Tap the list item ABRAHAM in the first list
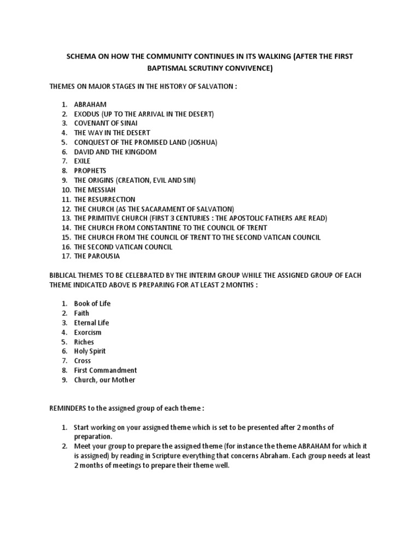pyautogui.click(x=90, y=104)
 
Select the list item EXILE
pyautogui.click(x=83, y=161)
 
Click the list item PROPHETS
pyautogui.click(x=90, y=171)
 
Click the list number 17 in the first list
pyautogui.click(x=66, y=256)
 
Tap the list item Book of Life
pyautogui.click(x=92, y=304)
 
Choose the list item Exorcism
pyautogui.click(x=87, y=332)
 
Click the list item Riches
pyautogui.click(x=84, y=342)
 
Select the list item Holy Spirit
pyautogui.click(x=90, y=351)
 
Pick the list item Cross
pyautogui.click(x=83, y=361)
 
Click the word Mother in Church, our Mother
pyautogui.click(x=123, y=380)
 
